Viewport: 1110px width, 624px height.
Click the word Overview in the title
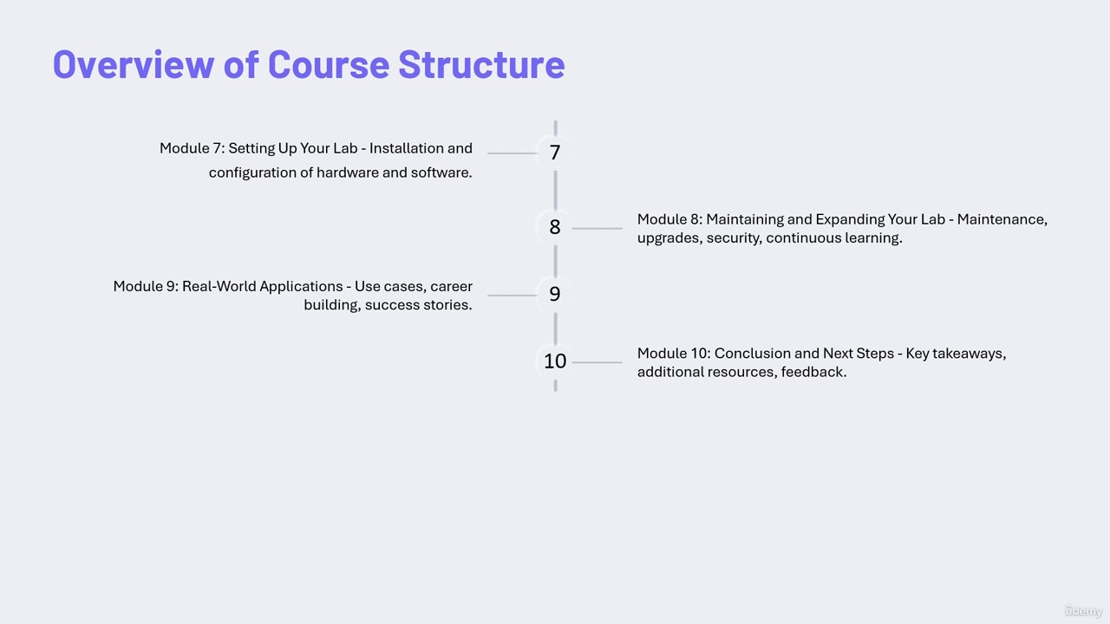pyautogui.click(x=134, y=65)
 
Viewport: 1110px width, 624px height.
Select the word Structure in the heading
pyautogui.click(x=481, y=65)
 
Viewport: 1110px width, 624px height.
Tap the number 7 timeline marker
pyautogui.click(x=555, y=153)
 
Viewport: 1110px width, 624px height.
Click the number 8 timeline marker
pyautogui.click(x=555, y=227)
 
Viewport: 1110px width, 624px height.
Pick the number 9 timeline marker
pyautogui.click(x=555, y=295)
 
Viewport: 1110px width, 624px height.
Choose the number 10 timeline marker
pyautogui.click(x=555, y=361)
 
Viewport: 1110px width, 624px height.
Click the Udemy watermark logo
pyautogui.click(x=1083, y=611)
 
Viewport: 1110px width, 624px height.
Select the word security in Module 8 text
pyautogui.click(x=735, y=238)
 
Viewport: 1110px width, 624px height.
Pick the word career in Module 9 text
pyautogui.click(x=452, y=287)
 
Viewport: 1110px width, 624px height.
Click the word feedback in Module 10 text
pyautogui.click(x=813, y=372)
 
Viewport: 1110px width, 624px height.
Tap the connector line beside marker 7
pyautogui.click(x=513, y=153)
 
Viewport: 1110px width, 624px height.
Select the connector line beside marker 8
pyautogui.click(x=597, y=228)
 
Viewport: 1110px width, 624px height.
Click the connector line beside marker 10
pyautogui.click(x=597, y=362)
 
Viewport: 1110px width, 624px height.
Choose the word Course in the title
pyautogui.click(x=329, y=65)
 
